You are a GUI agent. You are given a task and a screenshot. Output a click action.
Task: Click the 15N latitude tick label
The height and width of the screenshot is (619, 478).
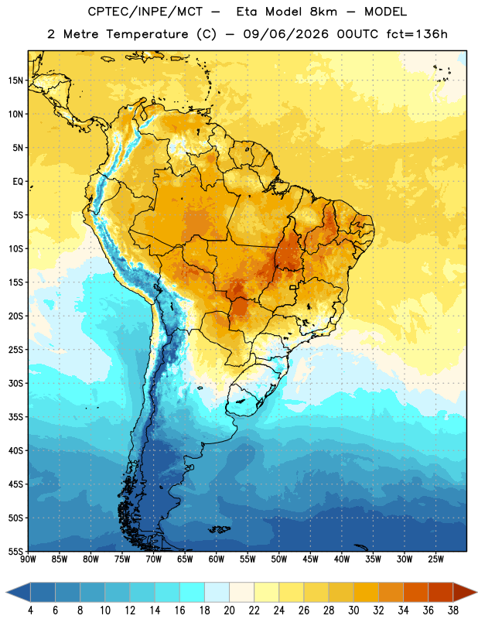15,80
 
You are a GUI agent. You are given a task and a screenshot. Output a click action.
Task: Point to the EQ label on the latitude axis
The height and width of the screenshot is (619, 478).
18,182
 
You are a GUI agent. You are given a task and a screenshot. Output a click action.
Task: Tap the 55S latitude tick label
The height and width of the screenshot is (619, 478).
15,551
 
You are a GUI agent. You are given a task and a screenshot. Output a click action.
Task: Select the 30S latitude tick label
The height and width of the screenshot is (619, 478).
15,383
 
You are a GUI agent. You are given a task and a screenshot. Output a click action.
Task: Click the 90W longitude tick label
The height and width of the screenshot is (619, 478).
28,559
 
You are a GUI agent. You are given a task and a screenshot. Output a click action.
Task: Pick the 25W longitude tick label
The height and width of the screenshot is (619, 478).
435,559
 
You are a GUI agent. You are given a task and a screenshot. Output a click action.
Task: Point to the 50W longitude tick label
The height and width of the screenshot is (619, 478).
279,559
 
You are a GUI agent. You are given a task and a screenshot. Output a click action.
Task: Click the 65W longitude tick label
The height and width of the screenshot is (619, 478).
185,559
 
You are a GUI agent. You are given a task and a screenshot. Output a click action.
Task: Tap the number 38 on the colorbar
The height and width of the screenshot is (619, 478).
453,610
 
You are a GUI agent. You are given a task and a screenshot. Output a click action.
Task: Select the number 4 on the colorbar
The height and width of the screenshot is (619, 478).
30,610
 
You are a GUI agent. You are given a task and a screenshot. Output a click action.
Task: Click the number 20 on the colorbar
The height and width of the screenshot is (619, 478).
229,610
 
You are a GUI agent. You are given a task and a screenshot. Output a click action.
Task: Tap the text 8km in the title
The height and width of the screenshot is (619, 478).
323,12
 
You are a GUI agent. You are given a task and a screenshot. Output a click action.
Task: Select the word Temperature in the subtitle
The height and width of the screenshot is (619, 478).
147,34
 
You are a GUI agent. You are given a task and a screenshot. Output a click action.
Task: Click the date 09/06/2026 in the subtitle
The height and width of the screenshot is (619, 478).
285,34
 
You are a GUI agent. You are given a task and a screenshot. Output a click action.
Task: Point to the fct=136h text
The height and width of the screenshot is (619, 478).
417,34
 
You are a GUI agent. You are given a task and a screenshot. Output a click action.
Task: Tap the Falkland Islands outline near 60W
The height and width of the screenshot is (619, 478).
220,529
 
